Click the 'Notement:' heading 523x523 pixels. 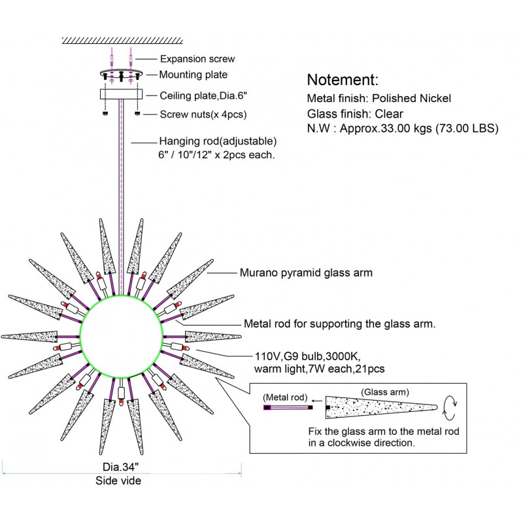(x=343, y=80)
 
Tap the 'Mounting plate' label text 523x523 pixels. (x=194, y=75)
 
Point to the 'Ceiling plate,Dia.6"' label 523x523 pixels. (x=203, y=95)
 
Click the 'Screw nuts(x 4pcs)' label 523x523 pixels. (x=203, y=114)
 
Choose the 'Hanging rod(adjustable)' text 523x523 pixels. (x=218, y=141)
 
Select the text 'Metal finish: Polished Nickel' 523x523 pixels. (x=388, y=99)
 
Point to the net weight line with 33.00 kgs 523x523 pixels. (x=403, y=129)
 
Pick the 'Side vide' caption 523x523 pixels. (x=121, y=481)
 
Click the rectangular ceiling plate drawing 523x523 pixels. (x=122, y=95)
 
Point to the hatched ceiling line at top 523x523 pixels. (x=121, y=41)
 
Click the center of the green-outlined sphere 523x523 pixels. (x=121, y=336)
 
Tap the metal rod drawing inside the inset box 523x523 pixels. (x=288, y=407)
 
